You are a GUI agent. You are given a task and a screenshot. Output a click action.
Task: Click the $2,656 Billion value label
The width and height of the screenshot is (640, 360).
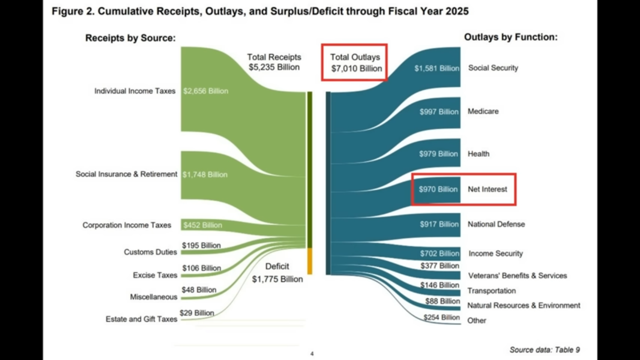[205, 91]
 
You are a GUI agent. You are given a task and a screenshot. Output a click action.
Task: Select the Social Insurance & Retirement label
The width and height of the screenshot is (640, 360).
[126, 174]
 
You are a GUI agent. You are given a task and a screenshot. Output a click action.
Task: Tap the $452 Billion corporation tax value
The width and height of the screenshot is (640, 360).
[202, 225]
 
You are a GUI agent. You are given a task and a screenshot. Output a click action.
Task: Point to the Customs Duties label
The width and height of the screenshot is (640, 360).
[150, 252]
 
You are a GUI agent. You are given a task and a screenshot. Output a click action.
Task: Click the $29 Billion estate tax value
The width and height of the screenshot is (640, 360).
[197, 313]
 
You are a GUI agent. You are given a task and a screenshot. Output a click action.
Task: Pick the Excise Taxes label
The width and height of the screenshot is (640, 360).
[155, 275]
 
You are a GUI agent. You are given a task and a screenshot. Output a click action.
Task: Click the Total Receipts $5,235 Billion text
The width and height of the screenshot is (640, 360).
[274, 62]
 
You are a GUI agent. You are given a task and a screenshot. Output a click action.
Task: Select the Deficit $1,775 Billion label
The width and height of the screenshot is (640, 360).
[277, 273]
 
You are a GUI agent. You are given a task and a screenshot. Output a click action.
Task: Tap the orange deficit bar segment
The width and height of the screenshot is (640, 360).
[310, 261]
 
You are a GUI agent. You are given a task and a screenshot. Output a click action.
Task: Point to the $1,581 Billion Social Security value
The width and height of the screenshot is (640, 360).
[437, 68]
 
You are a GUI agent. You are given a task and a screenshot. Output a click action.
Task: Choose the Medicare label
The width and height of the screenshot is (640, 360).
[483, 111]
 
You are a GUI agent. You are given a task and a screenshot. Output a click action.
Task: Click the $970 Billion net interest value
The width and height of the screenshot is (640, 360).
[438, 189]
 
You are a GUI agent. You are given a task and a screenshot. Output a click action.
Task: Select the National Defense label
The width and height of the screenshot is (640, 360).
[496, 224]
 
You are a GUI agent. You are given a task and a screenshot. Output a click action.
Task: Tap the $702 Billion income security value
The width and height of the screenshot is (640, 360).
[439, 253]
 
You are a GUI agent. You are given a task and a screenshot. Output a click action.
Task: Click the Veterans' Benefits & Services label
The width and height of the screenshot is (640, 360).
[517, 276]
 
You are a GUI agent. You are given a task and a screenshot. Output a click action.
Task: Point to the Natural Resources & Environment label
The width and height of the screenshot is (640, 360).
[523, 305]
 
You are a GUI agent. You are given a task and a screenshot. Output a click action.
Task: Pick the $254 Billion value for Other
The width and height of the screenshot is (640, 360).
[441, 317]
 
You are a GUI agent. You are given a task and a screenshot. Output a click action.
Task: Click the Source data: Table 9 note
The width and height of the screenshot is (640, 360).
[545, 350]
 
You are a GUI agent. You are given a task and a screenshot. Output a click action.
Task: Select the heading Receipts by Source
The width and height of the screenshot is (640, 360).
[130, 38]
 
